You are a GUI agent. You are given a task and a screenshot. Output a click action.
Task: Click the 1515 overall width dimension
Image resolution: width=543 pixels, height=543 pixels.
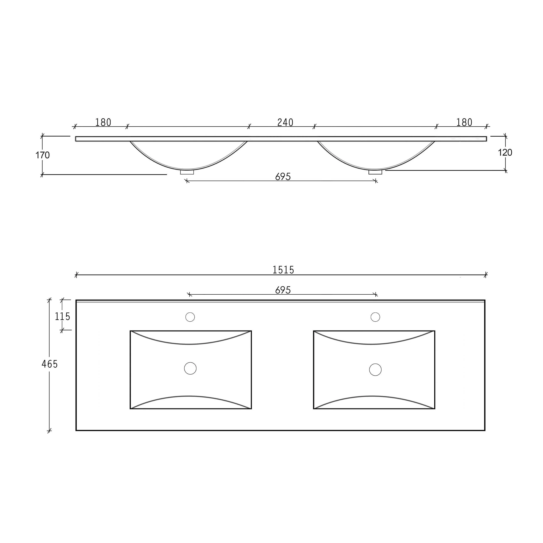click(283, 270)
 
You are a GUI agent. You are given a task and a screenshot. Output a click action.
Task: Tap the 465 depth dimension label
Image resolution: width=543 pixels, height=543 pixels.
click(49, 364)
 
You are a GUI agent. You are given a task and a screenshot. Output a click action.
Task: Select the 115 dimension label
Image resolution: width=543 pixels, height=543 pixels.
click(62, 317)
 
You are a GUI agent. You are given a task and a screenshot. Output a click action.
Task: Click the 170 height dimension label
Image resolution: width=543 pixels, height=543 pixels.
click(42, 155)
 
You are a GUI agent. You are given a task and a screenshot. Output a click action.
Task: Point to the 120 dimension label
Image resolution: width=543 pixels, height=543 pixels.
click(505, 153)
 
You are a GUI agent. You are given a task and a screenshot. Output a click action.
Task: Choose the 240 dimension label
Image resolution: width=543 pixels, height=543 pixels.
click(285, 123)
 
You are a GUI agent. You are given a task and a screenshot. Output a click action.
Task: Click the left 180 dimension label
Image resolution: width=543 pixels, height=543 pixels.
click(103, 123)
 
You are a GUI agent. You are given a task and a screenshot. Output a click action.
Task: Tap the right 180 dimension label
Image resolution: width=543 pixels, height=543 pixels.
click(464, 123)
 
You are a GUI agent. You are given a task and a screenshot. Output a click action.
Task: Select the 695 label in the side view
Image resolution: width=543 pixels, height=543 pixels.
click(283, 176)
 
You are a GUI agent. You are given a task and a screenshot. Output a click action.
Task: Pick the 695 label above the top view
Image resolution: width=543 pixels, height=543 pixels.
click(283, 290)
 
